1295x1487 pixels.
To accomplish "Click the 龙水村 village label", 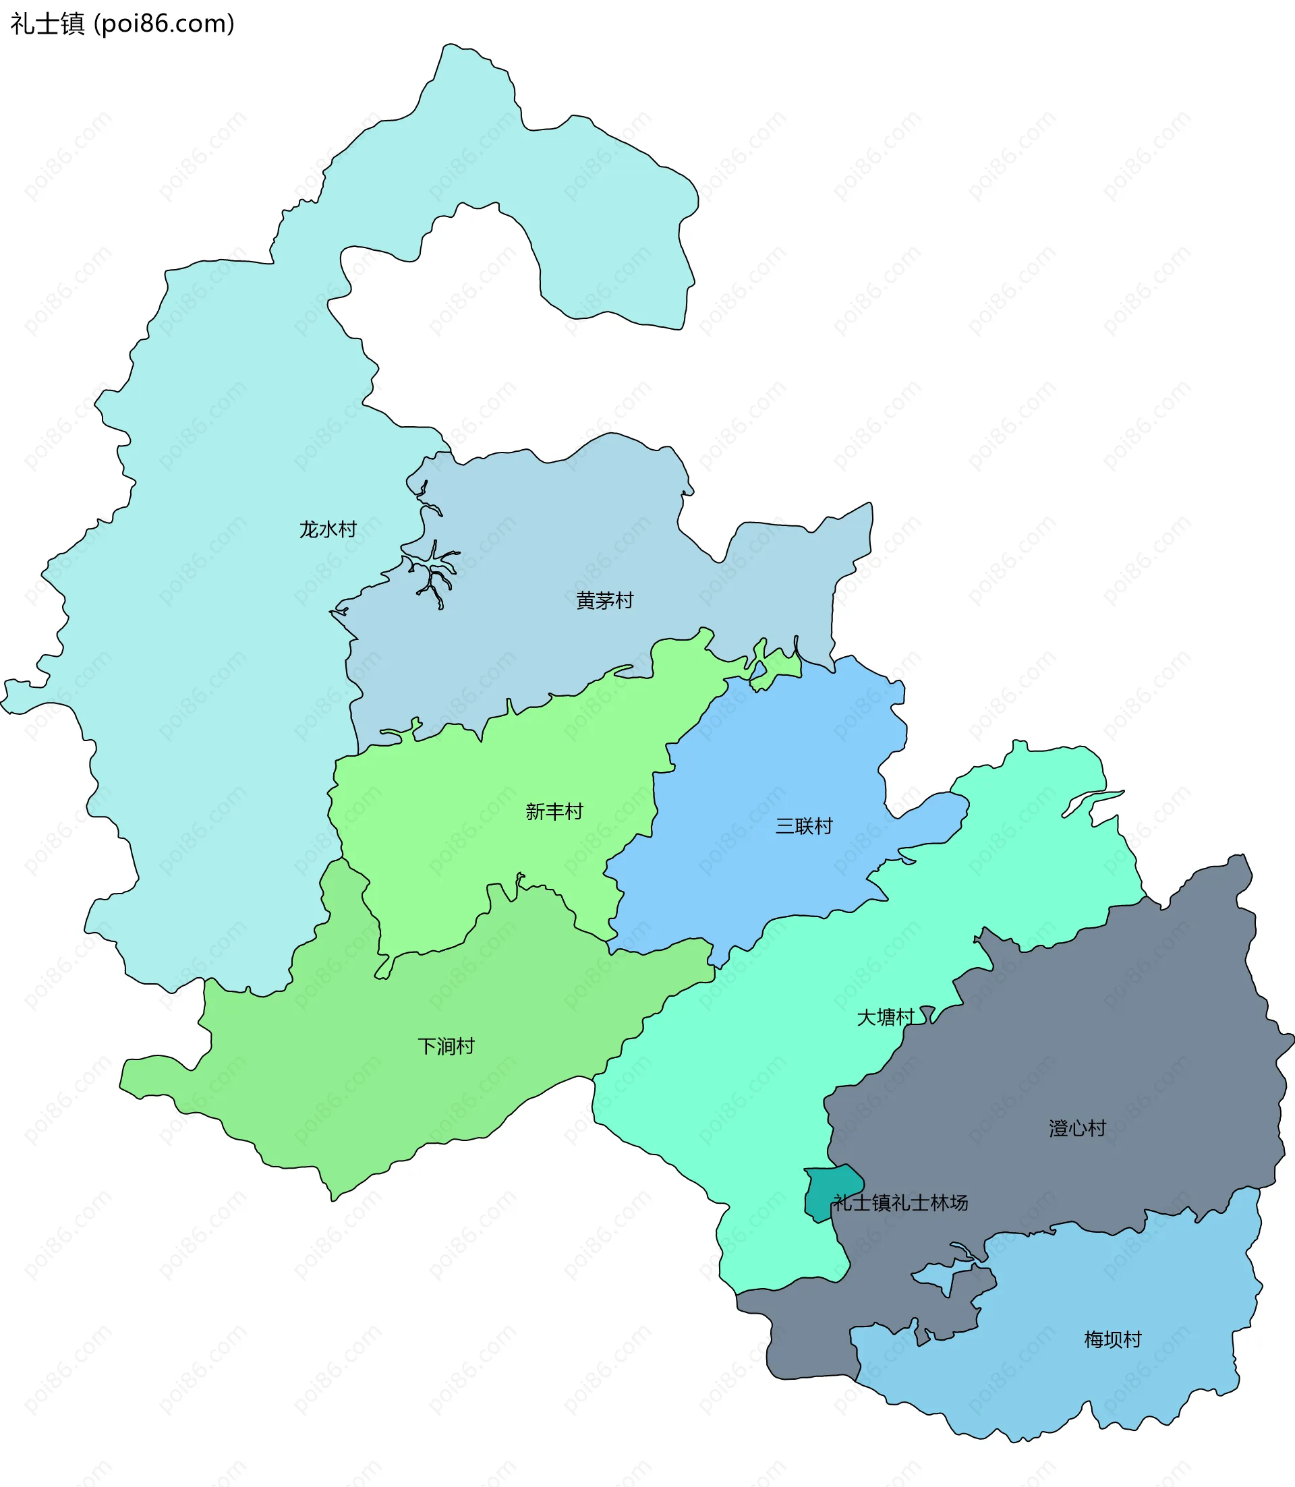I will coord(328,529).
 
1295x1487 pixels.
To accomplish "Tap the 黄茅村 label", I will coord(605,600).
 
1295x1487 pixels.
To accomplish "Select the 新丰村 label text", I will coord(554,812).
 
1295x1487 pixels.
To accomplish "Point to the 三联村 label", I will coord(803,826).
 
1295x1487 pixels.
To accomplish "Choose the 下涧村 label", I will coord(446,1046).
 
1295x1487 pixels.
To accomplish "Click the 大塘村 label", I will coord(885,1018).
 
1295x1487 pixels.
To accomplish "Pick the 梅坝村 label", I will coord(1113,1339).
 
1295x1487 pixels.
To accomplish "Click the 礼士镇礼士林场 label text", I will coord(900,1202).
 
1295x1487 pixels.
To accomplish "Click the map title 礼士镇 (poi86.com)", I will coord(122,24).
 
